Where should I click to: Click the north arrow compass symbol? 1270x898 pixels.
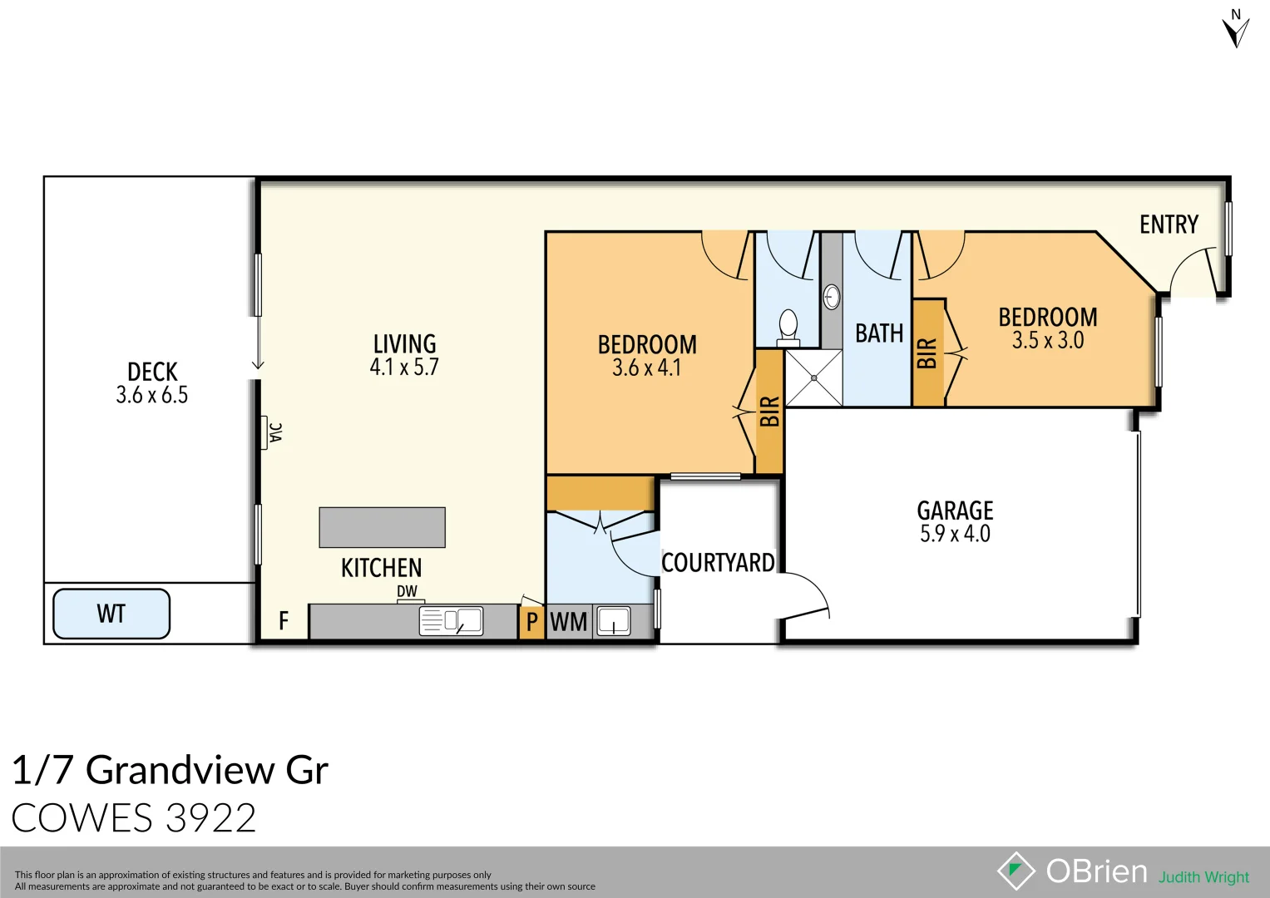pyautogui.click(x=1235, y=30)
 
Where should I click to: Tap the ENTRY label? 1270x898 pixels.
pyautogui.click(x=1169, y=224)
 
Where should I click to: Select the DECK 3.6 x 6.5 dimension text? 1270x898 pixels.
pyautogui.click(x=152, y=395)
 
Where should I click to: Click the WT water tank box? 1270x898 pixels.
pyautogui.click(x=111, y=614)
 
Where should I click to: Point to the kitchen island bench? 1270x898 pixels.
pyautogui.click(x=382, y=527)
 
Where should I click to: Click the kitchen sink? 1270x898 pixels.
pyautogui.click(x=451, y=621)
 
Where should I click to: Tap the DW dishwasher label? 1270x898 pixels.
pyautogui.click(x=407, y=591)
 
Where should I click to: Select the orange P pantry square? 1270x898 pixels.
pyautogui.click(x=531, y=622)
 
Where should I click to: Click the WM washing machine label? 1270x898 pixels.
pyautogui.click(x=569, y=622)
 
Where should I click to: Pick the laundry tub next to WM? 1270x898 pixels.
pyautogui.click(x=614, y=621)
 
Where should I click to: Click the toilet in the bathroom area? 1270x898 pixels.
pyautogui.click(x=788, y=327)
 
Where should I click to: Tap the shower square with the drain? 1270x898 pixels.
pyautogui.click(x=813, y=378)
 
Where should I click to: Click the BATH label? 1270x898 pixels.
pyautogui.click(x=879, y=333)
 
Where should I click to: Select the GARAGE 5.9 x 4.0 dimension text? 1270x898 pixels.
pyautogui.click(x=955, y=534)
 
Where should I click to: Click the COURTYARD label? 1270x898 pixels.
pyautogui.click(x=718, y=563)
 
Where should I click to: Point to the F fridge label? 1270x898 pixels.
pyautogui.click(x=284, y=621)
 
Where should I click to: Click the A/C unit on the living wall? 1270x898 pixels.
pyautogui.click(x=272, y=432)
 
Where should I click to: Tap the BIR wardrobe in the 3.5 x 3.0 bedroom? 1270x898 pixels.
pyautogui.click(x=928, y=353)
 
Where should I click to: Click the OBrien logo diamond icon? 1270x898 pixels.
pyautogui.click(x=1016, y=871)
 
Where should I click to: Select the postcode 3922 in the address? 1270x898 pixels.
pyautogui.click(x=210, y=818)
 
